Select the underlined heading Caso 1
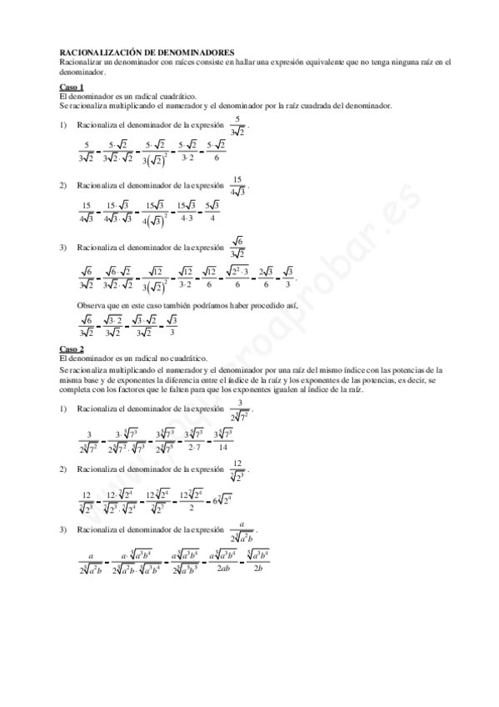point(72,87)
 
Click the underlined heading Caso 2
point(72,348)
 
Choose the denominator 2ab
point(221,569)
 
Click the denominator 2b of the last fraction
point(259,569)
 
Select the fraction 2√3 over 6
point(266,278)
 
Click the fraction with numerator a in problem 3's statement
point(242,531)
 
